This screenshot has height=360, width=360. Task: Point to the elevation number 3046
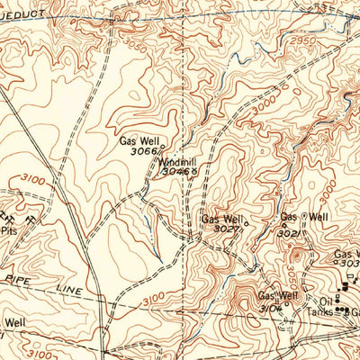178,172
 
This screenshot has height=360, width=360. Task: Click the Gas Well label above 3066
137,141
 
